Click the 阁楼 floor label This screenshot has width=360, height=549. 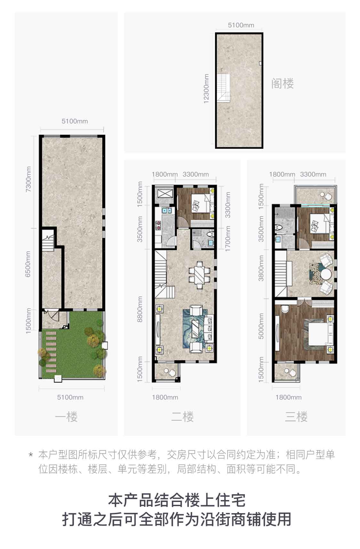pyautogui.click(x=283, y=84)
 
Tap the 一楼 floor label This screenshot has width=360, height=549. pyautogui.click(x=66, y=417)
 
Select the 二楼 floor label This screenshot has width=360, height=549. pyautogui.click(x=182, y=417)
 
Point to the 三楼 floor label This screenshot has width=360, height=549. pyautogui.click(x=296, y=417)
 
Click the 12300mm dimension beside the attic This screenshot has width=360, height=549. pyautogui.click(x=206, y=88)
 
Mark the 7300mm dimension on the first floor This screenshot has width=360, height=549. pyautogui.click(x=28, y=179)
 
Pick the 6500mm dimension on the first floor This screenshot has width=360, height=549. pyautogui.click(x=28, y=264)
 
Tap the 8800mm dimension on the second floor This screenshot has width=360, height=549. pyautogui.click(x=140, y=309)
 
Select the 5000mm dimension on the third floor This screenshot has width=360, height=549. pyautogui.click(x=261, y=326)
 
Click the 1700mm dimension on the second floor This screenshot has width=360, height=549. pyautogui.click(x=228, y=238)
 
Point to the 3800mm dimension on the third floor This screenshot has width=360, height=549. pyautogui.click(x=261, y=268)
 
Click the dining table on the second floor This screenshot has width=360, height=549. pyautogui.click(x=200, y=272)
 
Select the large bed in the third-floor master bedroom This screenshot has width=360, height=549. pyautogui.click(x=319, y=334)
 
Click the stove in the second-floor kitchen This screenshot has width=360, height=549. pyautogui.click(x=158, y=225)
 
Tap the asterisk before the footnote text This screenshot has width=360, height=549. pyautogui.click(x=31, y=454)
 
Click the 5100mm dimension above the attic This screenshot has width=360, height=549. pyautogui.click(x=241, y=25)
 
